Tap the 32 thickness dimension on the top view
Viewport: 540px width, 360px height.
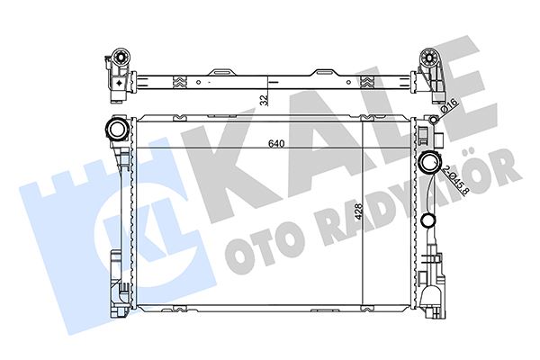click(x=263, y=100)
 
